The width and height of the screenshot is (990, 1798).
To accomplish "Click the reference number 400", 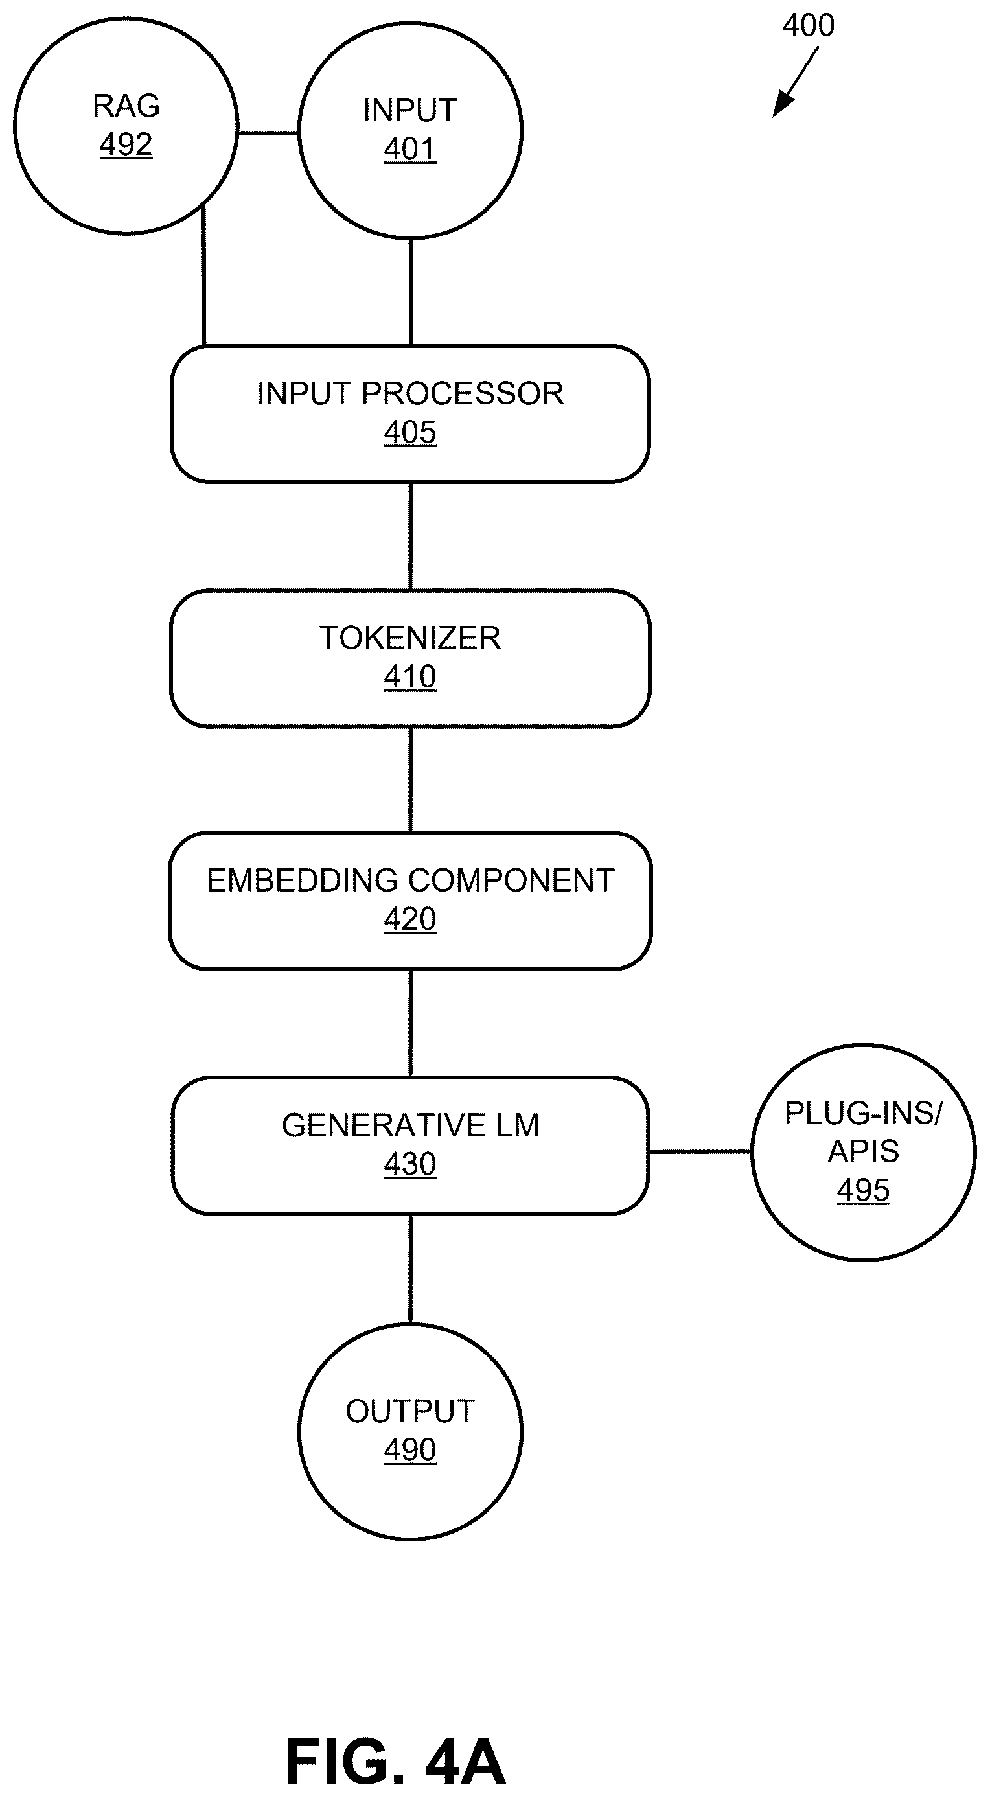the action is point(809,25).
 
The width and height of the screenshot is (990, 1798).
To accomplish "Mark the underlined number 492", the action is point(126,144).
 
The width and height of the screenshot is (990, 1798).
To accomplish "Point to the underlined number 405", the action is point(411,432).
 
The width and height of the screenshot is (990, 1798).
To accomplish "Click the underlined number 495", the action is point(863,1190).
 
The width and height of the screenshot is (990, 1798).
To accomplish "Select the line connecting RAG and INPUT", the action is point(268,133).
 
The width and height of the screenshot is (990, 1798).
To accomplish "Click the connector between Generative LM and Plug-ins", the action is point(700,1151).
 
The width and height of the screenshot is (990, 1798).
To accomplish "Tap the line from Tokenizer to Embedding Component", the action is point(411,779).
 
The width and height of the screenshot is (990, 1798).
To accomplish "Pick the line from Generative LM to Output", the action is point(411,1269).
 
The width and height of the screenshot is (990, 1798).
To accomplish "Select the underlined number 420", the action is point(411,919).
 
